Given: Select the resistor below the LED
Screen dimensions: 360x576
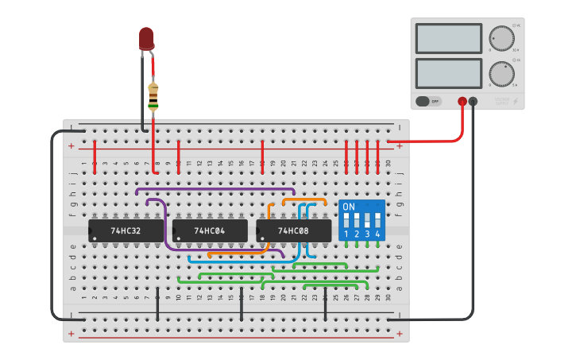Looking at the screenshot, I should click(x=153, y=96).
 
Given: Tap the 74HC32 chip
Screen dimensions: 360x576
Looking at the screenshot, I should click(x=126, y=231).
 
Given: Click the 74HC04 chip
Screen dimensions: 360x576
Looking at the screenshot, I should click(x=210, y=231).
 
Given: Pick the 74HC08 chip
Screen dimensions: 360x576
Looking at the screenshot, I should click(x=294, y=231).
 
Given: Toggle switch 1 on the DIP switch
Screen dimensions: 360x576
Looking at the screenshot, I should click(x=346, y=219).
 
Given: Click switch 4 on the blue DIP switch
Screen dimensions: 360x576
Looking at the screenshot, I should click(x=377, y=219).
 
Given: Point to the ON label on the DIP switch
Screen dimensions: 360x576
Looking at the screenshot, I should click(x=349, y=207).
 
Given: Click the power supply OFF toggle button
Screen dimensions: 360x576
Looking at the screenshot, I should click(x=429, y=101).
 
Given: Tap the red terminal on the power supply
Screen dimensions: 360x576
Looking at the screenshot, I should click(x=462, y=101).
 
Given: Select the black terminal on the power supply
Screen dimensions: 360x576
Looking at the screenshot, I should click(x=474, y=101).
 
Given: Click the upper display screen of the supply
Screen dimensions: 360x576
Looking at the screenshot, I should click(x=448, y=38).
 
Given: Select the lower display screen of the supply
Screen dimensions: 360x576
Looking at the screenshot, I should click(x=448, y=73).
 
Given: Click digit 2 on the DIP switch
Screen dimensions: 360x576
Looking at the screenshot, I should click(x=357, y=234).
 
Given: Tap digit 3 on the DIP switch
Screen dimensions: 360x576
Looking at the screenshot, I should click(x=367, y=234).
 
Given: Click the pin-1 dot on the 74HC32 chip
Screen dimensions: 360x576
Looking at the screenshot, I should click(x=95, y=238).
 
